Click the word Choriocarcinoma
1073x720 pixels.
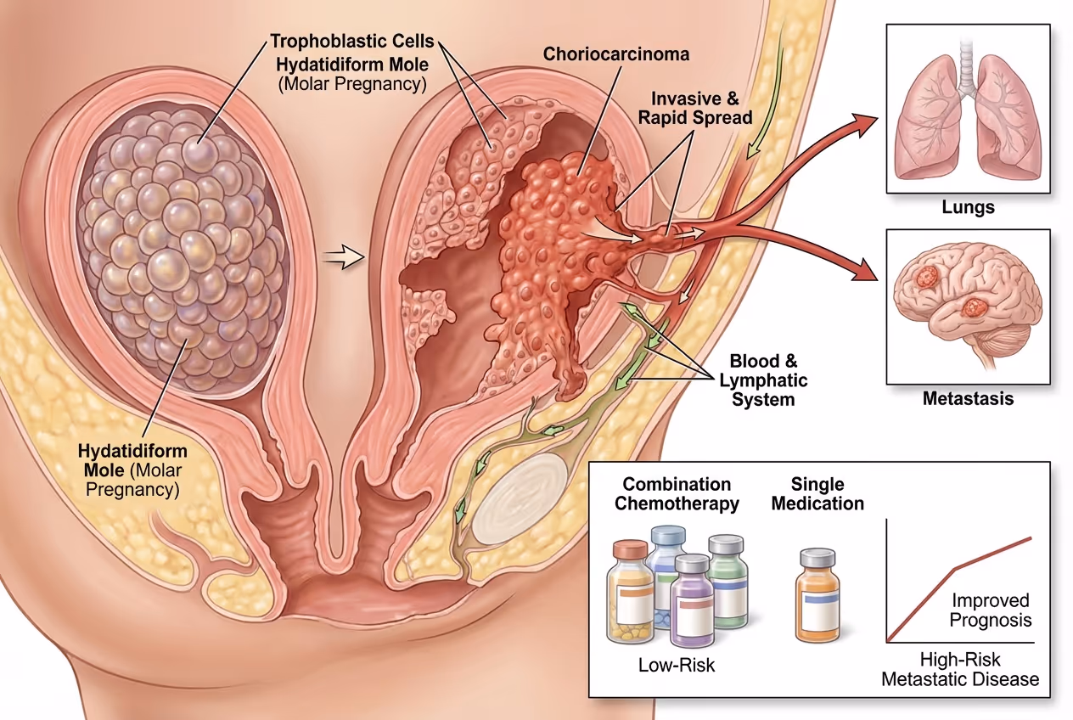point(616,54)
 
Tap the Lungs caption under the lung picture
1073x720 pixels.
point(968,205)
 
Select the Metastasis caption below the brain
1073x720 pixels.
point(968,398)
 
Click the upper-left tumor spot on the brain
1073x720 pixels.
point(926,276)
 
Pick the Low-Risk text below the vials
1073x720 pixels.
point(677,665)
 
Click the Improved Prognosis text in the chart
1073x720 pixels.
point(990,610)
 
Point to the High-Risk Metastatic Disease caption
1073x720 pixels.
point(960,669)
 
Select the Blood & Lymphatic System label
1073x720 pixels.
point(769,380)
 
